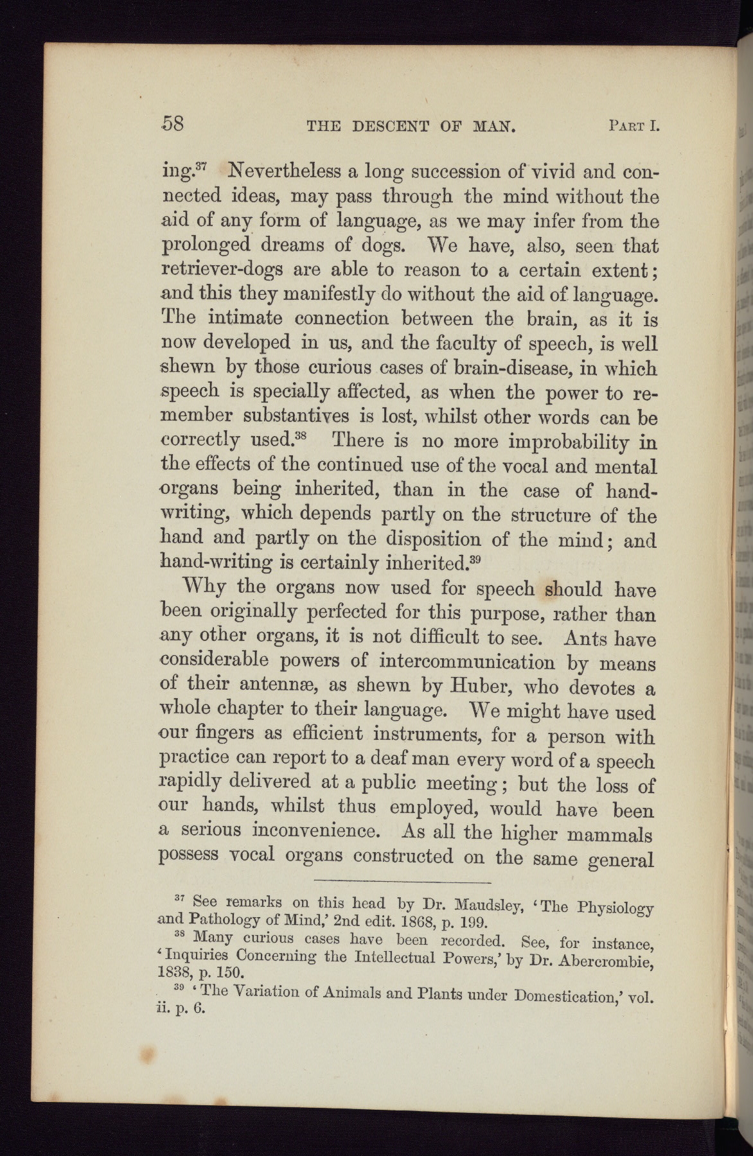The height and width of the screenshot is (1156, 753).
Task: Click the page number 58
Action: click(x=173, y=123)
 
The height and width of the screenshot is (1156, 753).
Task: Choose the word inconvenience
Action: click(x=314, y=830)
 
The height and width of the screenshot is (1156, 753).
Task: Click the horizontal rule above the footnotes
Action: click(x=402, y=880)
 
